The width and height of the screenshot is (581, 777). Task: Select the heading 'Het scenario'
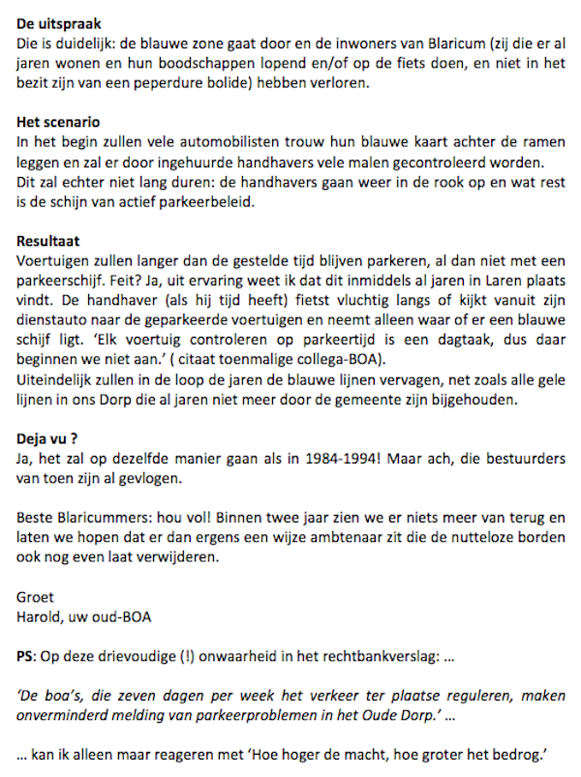pos(57,123)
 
